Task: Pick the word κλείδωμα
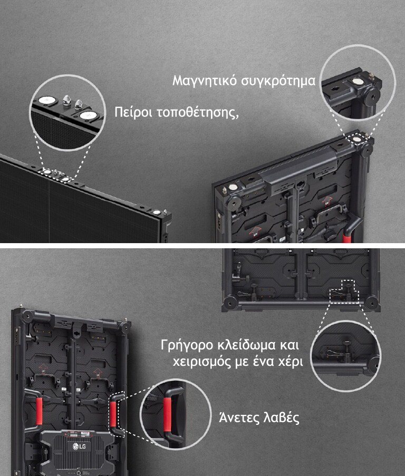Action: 245,346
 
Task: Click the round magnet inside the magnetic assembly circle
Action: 358,82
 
